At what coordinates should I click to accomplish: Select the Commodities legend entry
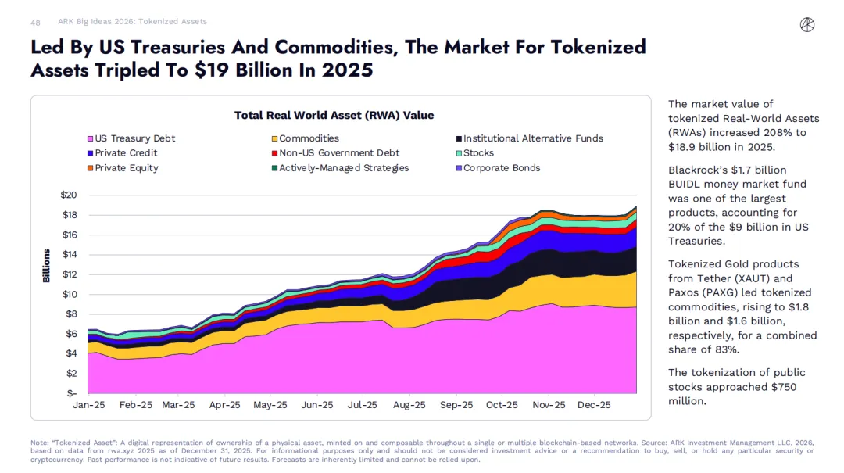coord(308,138)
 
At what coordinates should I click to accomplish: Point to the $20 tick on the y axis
coord(69,195)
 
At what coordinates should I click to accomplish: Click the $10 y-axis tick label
coord(69,294)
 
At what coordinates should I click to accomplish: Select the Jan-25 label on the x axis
coord(88,405)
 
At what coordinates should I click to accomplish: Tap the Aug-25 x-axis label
coord(409,405)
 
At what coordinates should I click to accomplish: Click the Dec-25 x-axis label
coord(594,405)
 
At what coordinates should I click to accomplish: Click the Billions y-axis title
coord(46,266)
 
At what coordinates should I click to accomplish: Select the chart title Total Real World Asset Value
coord(334,116)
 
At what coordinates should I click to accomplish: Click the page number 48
coord(35,23)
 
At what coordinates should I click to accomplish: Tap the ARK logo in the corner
coord(807,25)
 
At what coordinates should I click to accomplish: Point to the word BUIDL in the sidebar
coord(685,185)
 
